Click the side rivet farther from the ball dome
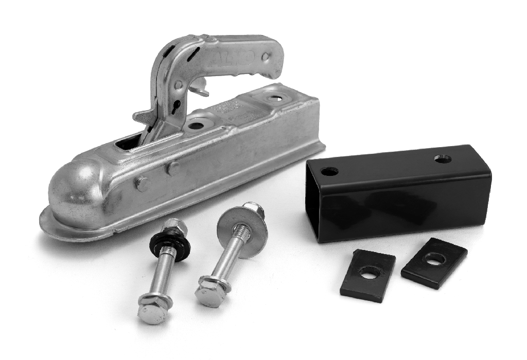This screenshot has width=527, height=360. (x=174, y=166)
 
